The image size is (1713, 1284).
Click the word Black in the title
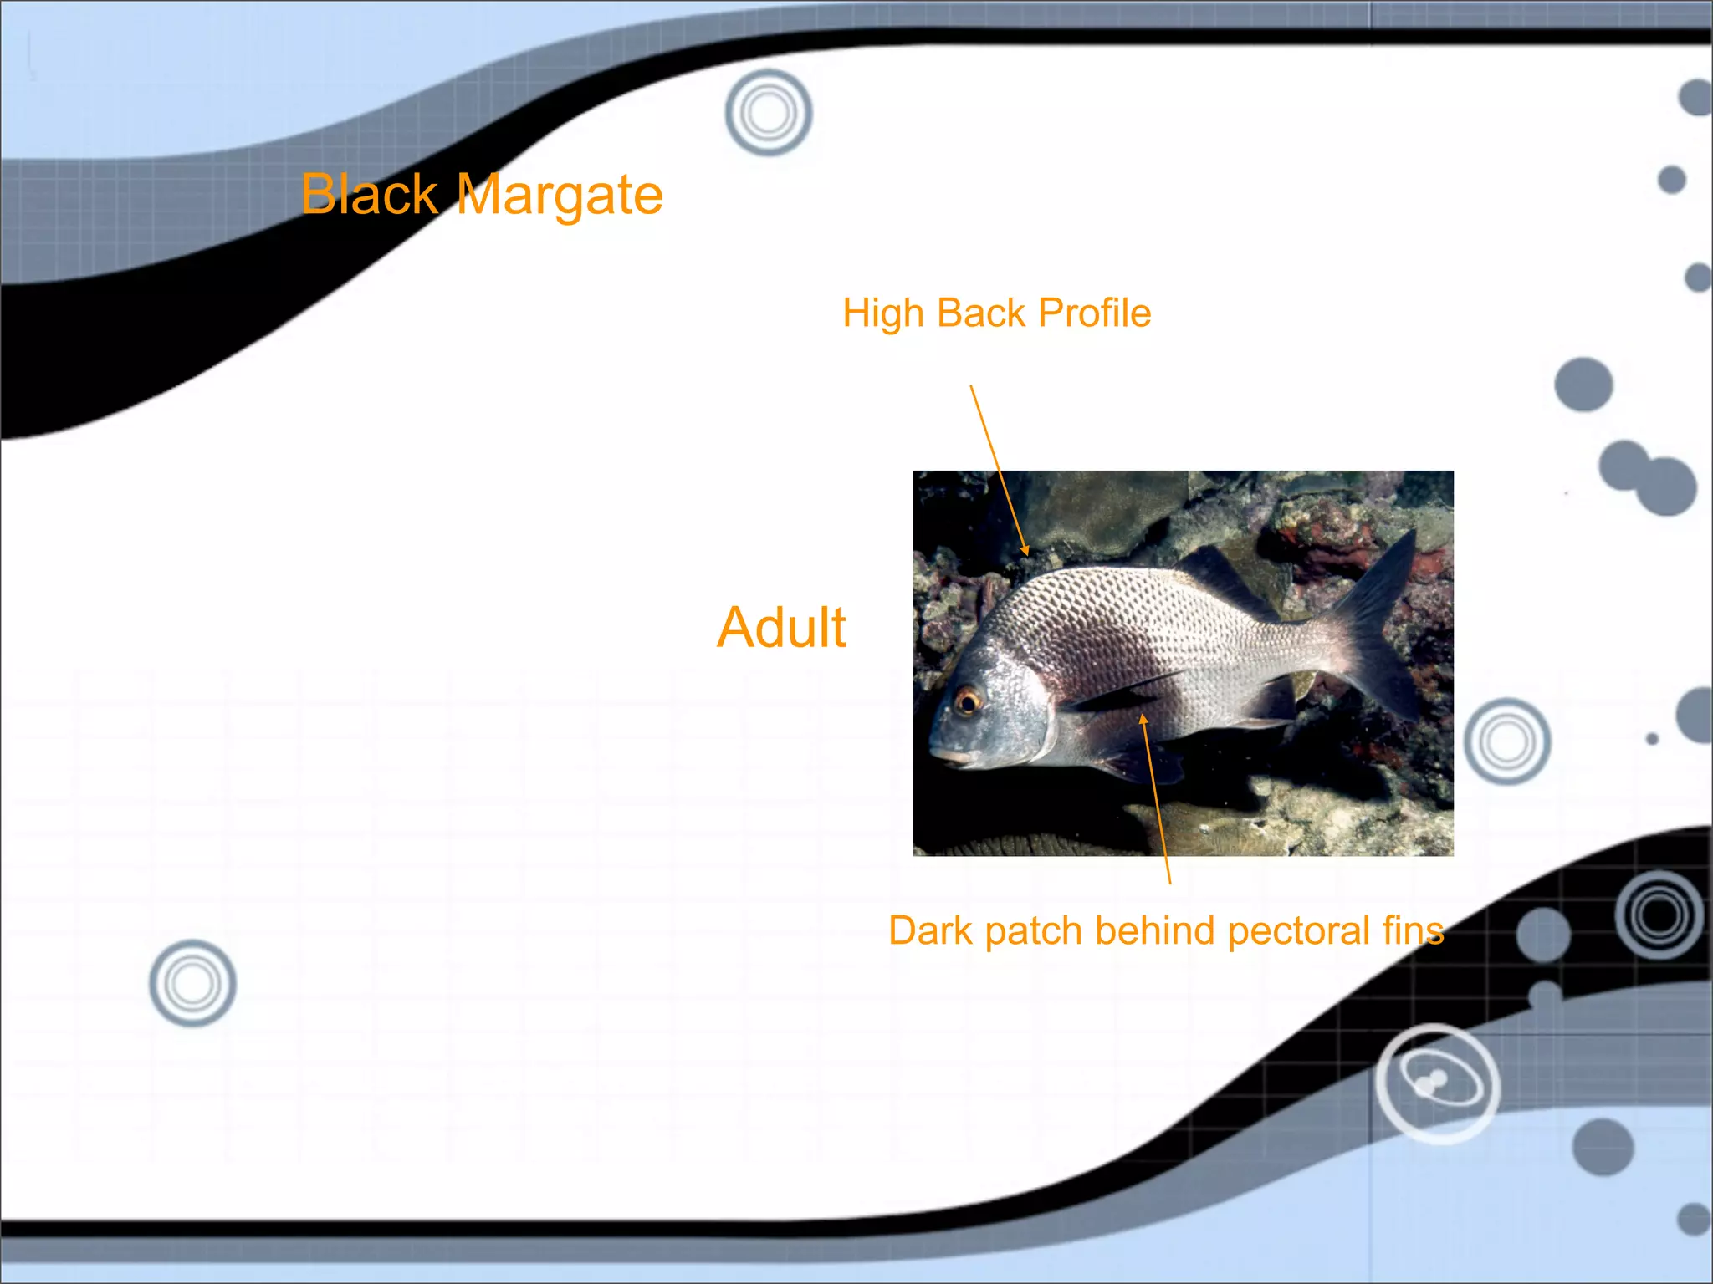point(369,194)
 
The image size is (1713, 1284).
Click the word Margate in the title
point(560,196)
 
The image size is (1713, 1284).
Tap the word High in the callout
point(882,313)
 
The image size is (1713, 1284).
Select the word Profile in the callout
point(1094,313)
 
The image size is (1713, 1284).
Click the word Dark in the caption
point(929,930)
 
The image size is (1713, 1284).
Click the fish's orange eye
point(968,700)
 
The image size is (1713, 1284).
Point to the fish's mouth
point(950,757)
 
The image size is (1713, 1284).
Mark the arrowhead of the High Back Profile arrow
point(1025,551)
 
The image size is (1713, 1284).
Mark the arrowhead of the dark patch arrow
point(1143,718)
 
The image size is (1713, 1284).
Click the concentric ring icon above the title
point(768,112)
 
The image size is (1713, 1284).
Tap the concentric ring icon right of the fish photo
point(1507,741)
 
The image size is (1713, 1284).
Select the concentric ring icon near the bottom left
point(192,983)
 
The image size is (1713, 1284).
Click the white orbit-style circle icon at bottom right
point(1437,1083)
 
